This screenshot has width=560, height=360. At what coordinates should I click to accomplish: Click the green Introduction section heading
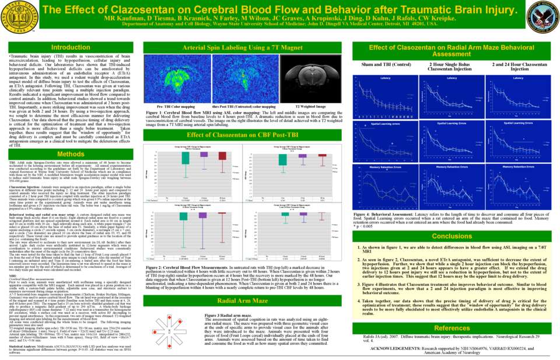[x=71, y=47]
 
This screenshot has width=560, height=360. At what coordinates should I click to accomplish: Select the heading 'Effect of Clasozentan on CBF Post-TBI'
[x=250, y=135]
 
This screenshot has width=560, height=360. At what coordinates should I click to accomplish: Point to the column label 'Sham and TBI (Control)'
[x=386, y=64]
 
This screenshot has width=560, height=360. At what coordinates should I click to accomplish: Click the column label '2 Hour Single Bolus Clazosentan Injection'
[x=453, y=66]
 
